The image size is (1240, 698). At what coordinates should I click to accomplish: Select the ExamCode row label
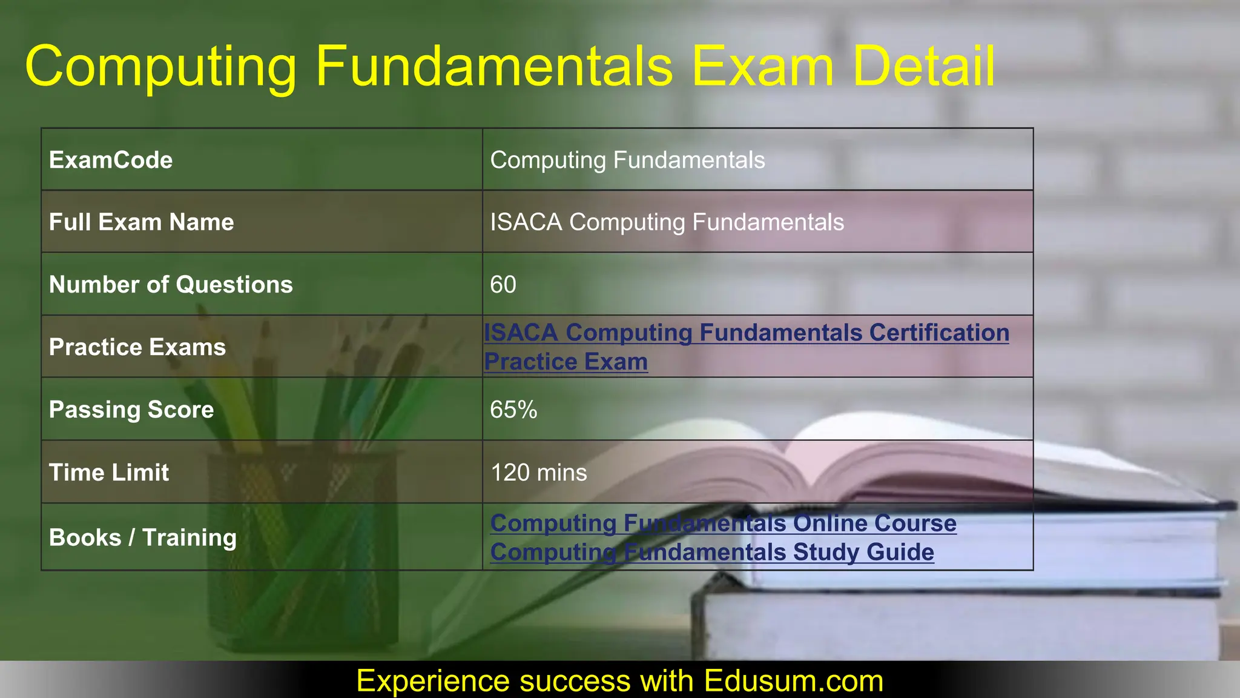click(111, 160)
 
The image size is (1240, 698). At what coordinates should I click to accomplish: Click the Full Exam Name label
click(141, 222)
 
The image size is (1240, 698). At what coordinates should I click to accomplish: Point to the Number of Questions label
click(171, 285)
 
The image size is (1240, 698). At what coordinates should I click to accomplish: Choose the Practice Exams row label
click(137, 347)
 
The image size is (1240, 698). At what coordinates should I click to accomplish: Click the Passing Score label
click(131, 410)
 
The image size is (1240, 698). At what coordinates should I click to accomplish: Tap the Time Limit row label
click(109, 473)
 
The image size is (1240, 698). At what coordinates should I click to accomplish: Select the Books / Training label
click(143, 537)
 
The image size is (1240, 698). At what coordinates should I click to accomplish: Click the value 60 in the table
click(503, 285)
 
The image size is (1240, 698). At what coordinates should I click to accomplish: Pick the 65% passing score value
click(513, 410)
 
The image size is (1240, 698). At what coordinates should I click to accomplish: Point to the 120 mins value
click(538, 473)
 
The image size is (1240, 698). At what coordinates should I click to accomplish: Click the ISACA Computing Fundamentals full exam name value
click(667, 222)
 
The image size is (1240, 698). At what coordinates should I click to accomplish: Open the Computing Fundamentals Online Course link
click(723, 523)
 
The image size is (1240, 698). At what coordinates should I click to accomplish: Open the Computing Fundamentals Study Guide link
click(712, 552)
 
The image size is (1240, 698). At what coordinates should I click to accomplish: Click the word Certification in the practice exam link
click(939, 333)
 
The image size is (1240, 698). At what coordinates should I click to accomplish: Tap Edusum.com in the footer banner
click(793, 680)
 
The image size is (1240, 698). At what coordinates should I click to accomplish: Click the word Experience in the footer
click(434, 680)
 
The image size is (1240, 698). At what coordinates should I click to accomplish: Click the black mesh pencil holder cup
click(303, 545)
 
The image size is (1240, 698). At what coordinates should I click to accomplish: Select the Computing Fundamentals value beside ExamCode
click(627, 160)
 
